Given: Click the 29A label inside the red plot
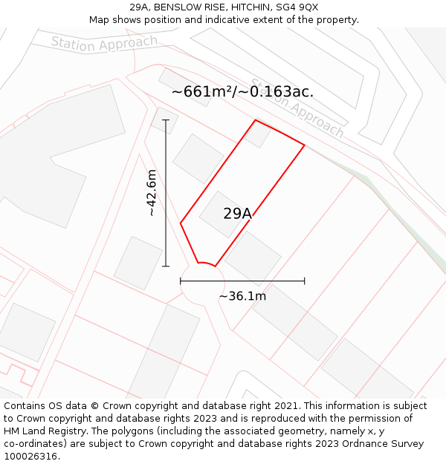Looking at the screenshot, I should [238, 214].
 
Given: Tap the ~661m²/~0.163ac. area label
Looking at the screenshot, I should [242, 92].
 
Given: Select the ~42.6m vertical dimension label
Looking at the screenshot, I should [152, 192].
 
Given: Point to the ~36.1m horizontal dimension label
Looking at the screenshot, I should [242, 296].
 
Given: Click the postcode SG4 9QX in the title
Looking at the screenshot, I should [297, 7].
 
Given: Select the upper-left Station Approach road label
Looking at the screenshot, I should [104, 44].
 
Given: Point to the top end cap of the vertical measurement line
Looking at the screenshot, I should [165, 120].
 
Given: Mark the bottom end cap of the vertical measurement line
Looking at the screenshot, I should [165, 266].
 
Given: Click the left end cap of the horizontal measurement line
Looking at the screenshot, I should [181, 281].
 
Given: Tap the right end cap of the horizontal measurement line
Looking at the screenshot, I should [305, 281].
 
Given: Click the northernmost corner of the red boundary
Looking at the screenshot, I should [256, 120].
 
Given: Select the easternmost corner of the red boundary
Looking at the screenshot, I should [305, 145].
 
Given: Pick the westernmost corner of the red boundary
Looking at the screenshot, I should [181, 222].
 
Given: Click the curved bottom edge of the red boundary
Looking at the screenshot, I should [206, 263].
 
